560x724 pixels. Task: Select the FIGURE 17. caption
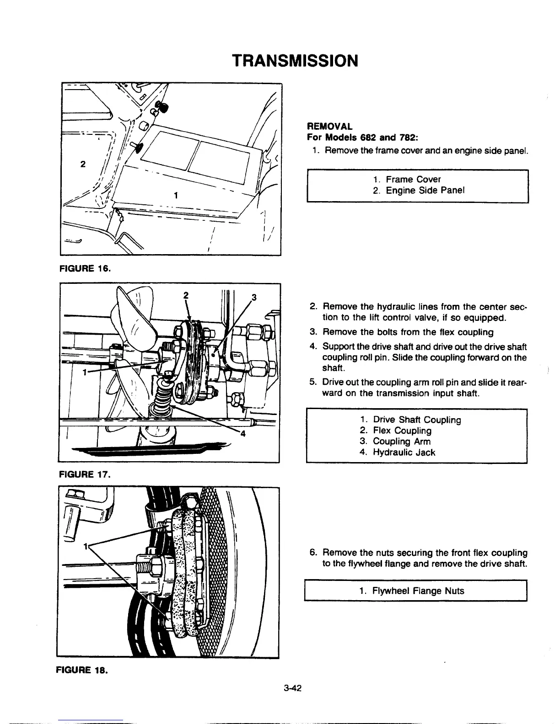point(84,474)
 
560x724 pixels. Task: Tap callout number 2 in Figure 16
point(82,165)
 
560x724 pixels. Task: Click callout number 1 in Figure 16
point(176,195)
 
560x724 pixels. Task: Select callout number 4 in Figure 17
point(243,434)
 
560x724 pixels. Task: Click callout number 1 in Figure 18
point(85,546)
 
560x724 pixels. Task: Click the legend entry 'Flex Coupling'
point(402,431)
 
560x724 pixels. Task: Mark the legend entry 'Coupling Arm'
point(402,442)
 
